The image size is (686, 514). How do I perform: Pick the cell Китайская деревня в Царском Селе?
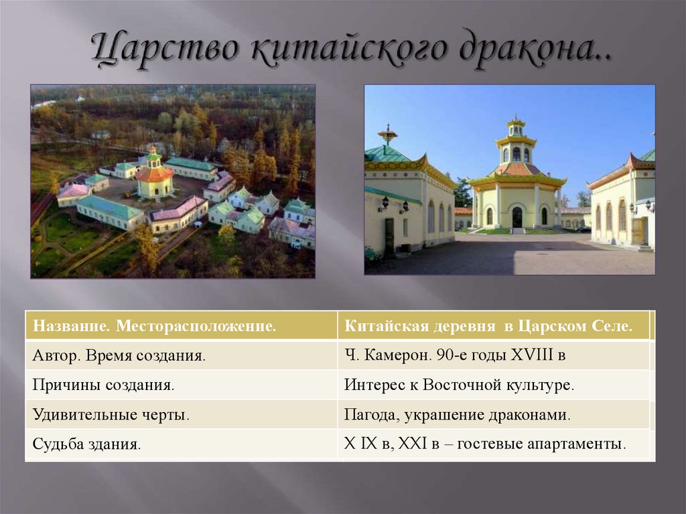point(488,326)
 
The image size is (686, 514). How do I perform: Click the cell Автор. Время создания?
point(119,356)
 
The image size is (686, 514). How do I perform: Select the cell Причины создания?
point(103,385)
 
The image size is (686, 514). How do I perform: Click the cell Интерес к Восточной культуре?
point(460,385)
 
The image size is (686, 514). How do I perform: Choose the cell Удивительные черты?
point(111,415)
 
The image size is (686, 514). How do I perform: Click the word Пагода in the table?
point(372,415)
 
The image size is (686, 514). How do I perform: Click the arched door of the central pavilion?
point(517,217)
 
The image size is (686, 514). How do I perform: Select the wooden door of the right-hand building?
point(636,231)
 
